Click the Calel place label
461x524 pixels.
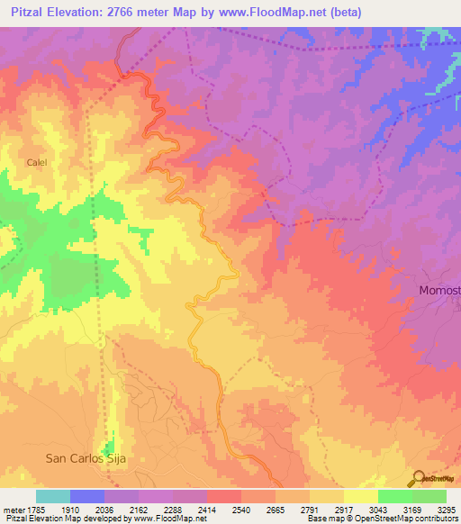coord(36,162)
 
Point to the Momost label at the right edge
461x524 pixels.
coord(439,290)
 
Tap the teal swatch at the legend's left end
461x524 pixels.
coord(53,496)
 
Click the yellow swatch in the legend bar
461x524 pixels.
coord(360,496)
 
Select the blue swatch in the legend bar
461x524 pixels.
coord(87,496)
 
